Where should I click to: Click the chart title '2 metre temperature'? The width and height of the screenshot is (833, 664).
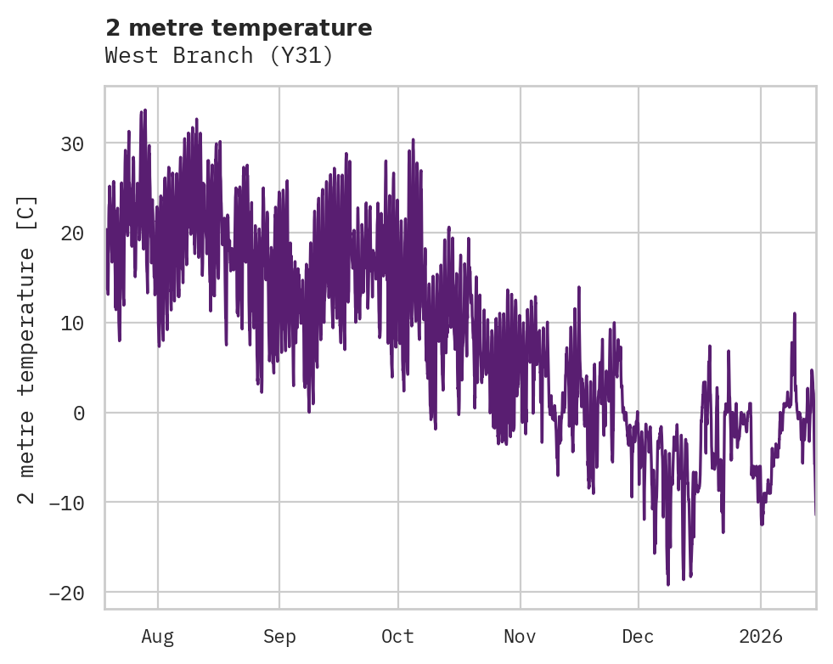click(x=239, y=28)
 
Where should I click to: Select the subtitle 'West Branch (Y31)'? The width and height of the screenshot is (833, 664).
click(x=219, y=56)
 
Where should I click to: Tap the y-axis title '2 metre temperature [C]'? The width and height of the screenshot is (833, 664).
click(x=27, y=349)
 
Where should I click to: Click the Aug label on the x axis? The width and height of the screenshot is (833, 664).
click(x=158, y=637)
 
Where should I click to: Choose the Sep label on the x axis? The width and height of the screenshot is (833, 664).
click(x=279, y=637)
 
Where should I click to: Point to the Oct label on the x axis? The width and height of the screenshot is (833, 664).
click(x=397, y=637)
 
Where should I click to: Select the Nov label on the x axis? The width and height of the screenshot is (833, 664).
click(x=520, y=637)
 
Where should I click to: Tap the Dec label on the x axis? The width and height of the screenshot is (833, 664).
click(x=638, y=637)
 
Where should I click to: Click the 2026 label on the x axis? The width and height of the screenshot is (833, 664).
click(x=761, y=637)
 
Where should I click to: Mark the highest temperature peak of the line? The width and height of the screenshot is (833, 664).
click(x=145, y=110)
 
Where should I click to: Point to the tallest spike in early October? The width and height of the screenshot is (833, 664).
click(x=413, y=138)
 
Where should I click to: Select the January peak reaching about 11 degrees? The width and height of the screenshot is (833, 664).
click(x=795, y=313)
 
